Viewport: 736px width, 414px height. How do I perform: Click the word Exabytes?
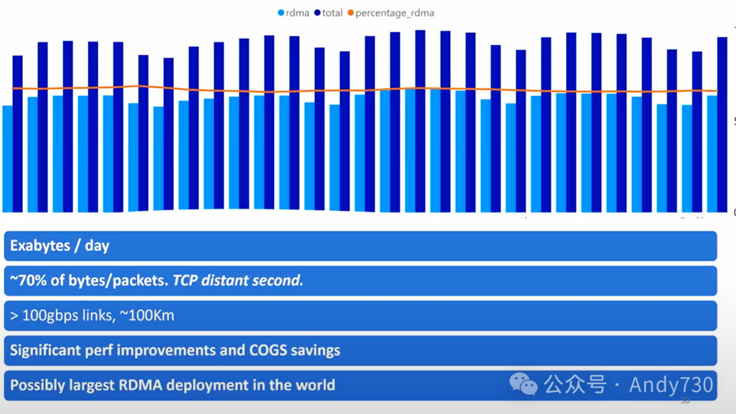click(40, 246)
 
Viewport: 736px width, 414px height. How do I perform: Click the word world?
click(315, 385)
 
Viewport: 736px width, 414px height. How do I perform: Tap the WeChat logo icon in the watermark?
click(523, 385)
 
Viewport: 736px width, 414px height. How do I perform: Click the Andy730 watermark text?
click(671, 385)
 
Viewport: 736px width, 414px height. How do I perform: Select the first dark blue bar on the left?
click(18, 133)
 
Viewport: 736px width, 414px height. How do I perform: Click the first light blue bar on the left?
click(7, 158)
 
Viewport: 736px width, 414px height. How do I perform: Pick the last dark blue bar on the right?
click(722, 124)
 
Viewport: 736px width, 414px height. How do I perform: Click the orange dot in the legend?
click(351, 13)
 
